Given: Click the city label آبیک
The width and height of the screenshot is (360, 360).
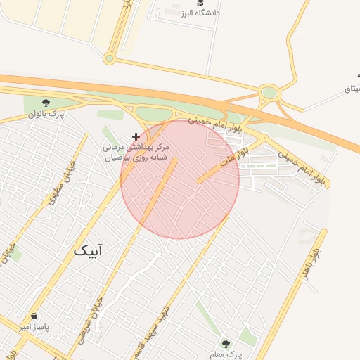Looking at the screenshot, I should click(91, 250).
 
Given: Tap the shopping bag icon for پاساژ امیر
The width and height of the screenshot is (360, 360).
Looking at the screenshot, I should click(34, 316).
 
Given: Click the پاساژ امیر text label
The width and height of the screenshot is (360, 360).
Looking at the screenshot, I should click(34, 327).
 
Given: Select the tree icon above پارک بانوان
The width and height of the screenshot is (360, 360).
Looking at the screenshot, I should click(47, 103).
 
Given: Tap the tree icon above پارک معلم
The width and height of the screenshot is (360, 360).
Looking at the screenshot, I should click(226, 344).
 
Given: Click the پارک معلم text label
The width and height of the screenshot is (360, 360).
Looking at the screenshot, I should click(225, 354).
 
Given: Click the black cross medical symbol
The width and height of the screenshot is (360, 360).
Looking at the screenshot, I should click(136, 136).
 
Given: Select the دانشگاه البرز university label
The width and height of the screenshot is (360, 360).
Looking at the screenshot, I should click(200, 13).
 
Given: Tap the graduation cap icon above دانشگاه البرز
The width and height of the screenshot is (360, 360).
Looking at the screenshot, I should click(200, 4).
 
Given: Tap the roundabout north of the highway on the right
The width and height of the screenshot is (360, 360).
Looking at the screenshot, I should click(269, 92).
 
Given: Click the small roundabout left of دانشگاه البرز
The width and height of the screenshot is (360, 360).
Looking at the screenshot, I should click(109, 58).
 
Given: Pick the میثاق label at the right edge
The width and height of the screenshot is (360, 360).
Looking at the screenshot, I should click(352, 89).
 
